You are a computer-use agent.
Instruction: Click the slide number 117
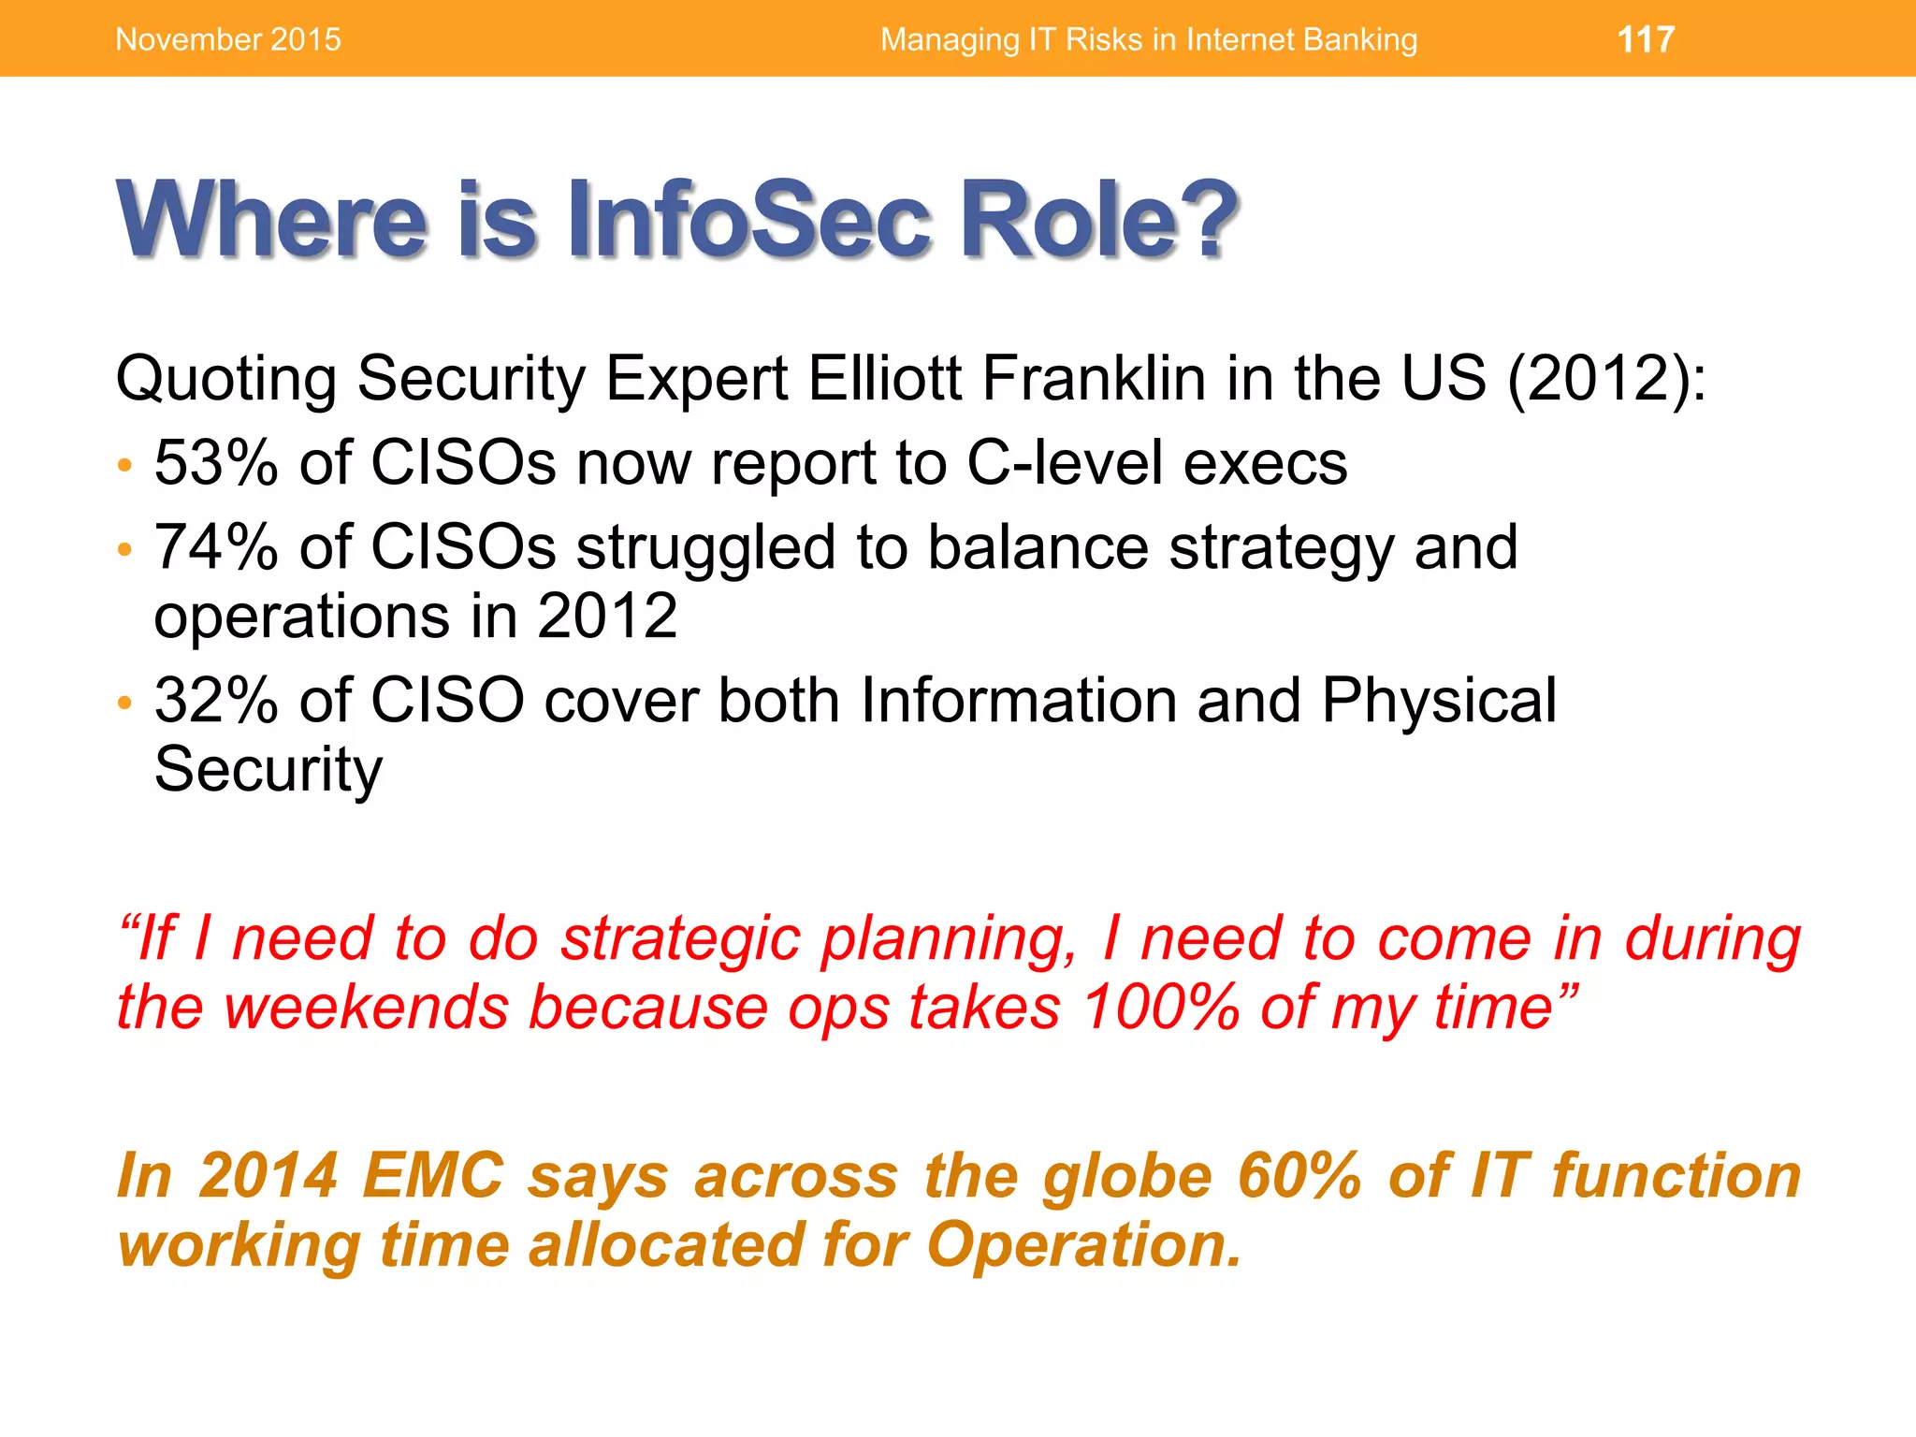click(x=1646, y=39)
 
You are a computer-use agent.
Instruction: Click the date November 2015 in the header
click(x=227, y=39)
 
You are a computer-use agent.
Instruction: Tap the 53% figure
click(x=216, y=463)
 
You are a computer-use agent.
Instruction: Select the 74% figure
click(x=216, y=547)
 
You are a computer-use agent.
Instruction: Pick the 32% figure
click(x=216, y=700)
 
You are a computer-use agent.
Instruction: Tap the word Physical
click(x=1439, y=700)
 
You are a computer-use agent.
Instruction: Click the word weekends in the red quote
click(x=366, y=1008)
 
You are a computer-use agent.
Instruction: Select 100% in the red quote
click(x=1160, y=1008)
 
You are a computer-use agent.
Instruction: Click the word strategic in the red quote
click(x=680, y=939)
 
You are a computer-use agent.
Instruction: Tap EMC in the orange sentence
click(x=433, y=1176)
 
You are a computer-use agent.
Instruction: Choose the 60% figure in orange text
click(x=1299, y=1176)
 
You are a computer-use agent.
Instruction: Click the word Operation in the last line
click(x=1083, y=1245)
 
